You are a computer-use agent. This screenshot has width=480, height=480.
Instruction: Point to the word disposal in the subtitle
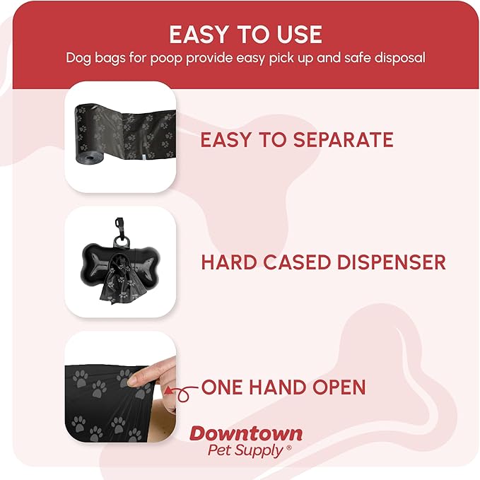point(399,57)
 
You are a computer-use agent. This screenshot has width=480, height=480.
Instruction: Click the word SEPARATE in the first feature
point(341,139)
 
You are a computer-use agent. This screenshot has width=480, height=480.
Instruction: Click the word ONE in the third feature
point(223,387)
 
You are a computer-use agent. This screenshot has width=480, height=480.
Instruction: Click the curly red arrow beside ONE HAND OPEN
point(182,391)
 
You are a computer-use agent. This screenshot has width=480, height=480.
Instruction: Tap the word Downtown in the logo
point(245,434)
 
